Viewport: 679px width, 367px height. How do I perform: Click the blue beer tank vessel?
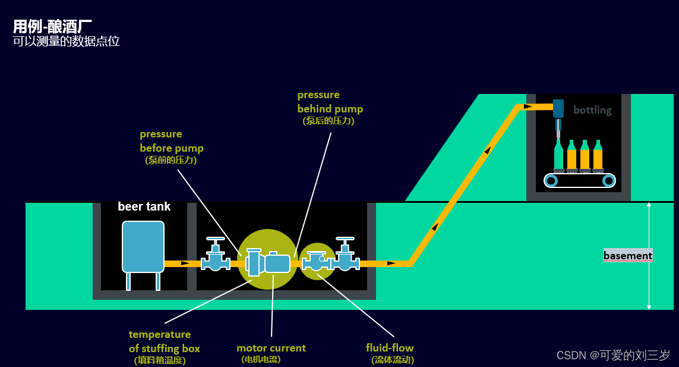[x=143, y=246]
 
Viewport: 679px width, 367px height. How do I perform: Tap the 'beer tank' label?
[x=144, y=206]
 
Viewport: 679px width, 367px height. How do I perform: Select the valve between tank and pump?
[x=215, y=255]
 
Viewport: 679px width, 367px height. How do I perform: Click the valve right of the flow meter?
[x=345, y=255]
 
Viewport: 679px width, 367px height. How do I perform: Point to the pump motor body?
[x=277, y=263]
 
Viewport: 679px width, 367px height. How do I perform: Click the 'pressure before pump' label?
[x=171, y=141]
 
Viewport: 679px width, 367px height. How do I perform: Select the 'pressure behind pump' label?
[x=330, y=102]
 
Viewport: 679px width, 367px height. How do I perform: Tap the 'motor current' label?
[x=271, y=348]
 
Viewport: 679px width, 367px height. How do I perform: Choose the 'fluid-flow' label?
[x=390, y=348]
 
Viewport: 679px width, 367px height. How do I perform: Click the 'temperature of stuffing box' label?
[x=164, y=341]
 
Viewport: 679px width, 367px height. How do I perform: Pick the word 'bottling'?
[x=592, y=110]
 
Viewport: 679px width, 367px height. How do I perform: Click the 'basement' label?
[x=627, y=256]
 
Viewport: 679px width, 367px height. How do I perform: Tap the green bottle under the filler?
[x=558, y=155]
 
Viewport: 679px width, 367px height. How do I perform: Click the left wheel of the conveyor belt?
[x=551, y=180]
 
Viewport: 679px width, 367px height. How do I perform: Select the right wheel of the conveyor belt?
[x=608, y=180]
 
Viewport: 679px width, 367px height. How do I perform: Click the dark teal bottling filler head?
[x=558, y=108]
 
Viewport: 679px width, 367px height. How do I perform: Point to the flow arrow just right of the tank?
[x=185, y=263]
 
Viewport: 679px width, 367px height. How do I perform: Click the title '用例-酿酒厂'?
[x=52, y=26]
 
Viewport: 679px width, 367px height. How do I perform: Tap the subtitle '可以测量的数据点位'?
[x=67, y=42]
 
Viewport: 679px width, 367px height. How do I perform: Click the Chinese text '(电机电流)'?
[x=261, y=359]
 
